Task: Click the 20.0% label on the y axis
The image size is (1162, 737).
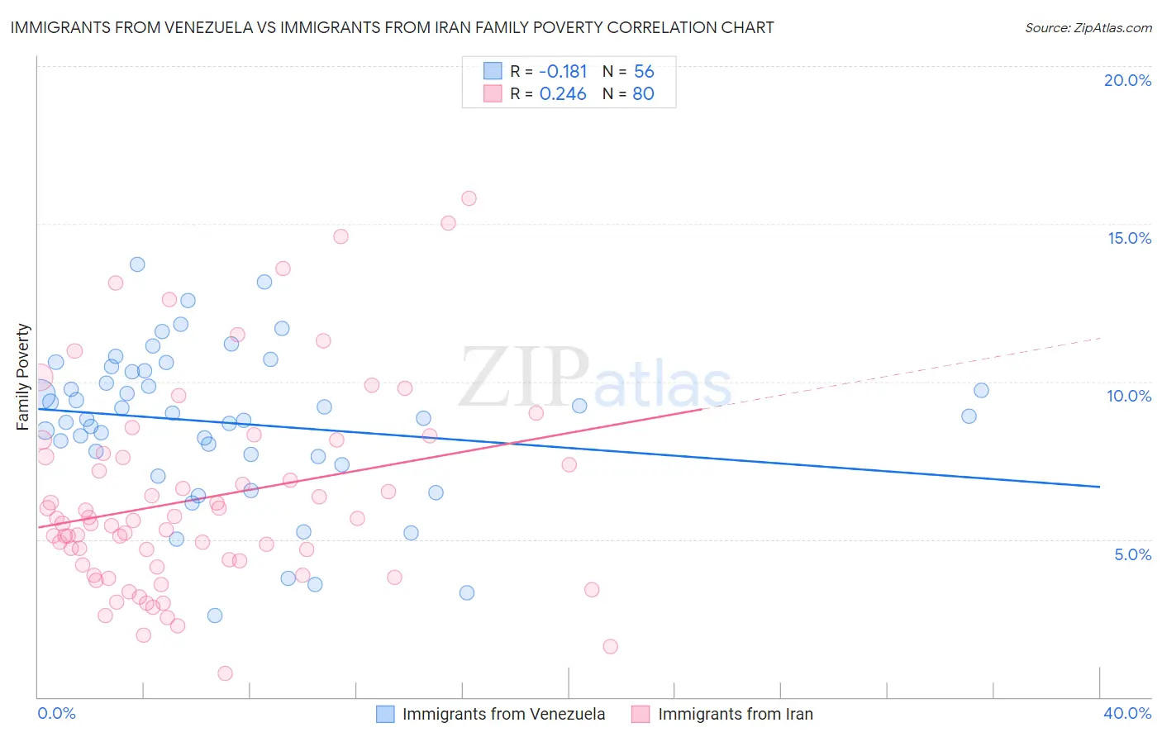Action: click(1127, 80)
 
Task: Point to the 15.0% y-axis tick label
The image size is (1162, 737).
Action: click(1129, 238)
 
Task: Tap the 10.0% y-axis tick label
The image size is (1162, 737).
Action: click(1129, 396)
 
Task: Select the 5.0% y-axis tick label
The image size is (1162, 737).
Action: click(1132, 554)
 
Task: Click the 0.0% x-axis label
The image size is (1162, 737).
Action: click(56, 713)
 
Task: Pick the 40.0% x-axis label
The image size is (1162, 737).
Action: click(1126, 713)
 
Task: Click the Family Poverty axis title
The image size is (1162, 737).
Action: click(23, 377)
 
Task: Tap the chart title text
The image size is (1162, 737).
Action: click(392, 27)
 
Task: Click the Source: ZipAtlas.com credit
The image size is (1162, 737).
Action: click(1088, 27)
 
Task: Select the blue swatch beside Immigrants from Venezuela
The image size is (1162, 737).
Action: click(385, 714)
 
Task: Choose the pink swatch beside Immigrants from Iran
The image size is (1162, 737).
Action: click(641, 714)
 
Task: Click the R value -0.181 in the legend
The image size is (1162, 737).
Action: click(563, 71)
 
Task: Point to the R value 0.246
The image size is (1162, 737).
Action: click(563, 94)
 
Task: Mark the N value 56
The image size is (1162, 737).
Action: click(644, 71)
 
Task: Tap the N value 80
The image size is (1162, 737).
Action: click(644, 94)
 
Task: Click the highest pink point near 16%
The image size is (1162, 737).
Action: click(469, 198)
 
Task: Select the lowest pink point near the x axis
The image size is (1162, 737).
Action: click(225, 673)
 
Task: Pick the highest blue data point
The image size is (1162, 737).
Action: click(137, 264)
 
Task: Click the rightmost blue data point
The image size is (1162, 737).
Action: click(981, 391)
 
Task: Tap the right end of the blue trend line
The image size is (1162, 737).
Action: click(1099, 487)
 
